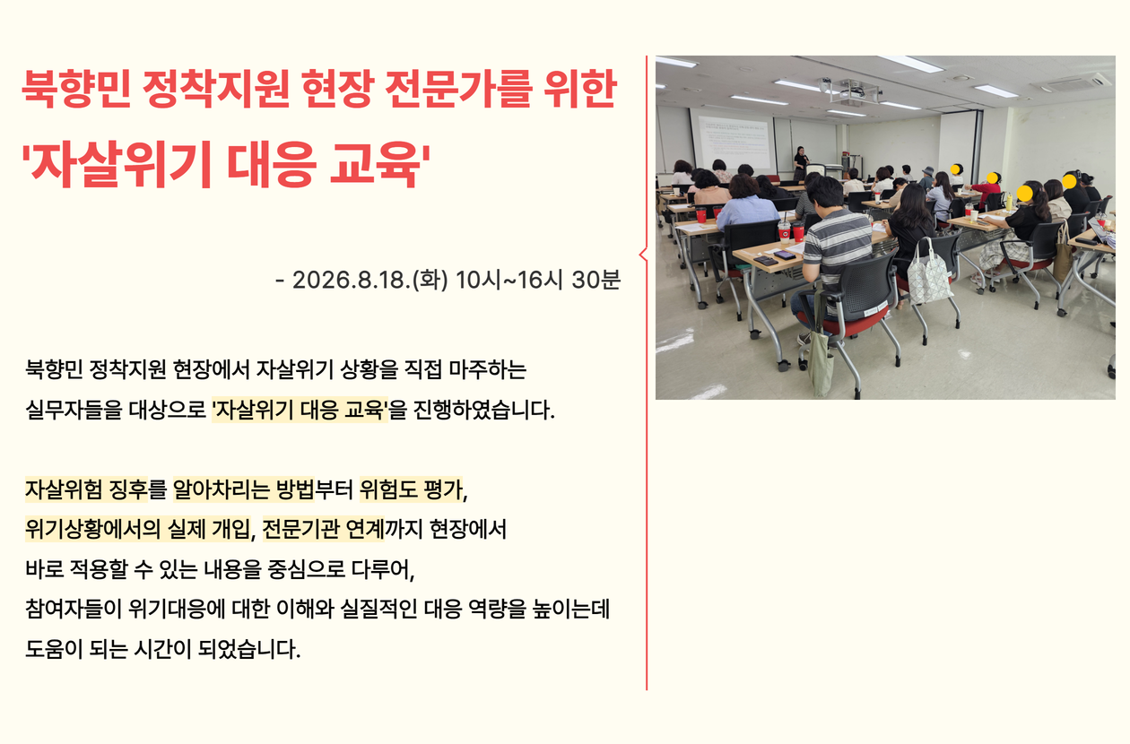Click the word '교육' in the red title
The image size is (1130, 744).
tap(374, 165)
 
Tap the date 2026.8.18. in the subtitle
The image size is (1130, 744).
tap(352, 281)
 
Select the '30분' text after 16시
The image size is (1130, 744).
tap(595, 281)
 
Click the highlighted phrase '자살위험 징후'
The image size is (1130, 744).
tap(86, 489)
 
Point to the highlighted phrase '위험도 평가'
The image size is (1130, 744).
tap(411, 489)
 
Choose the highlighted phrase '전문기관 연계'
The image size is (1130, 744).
tap(324, 529)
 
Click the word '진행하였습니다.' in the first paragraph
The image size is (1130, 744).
tap(483, 410)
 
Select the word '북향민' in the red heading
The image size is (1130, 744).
tap(76, 90)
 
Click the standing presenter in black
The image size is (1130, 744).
tap(800, 162)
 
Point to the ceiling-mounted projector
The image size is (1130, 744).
tap(852, 91)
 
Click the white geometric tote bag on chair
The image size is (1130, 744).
tap(929, 273)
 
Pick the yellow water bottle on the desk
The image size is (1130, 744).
tap(1008, 202)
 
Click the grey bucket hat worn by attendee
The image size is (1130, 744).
tap(928, 171)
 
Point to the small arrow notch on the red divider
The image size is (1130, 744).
tap(643, 255)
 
